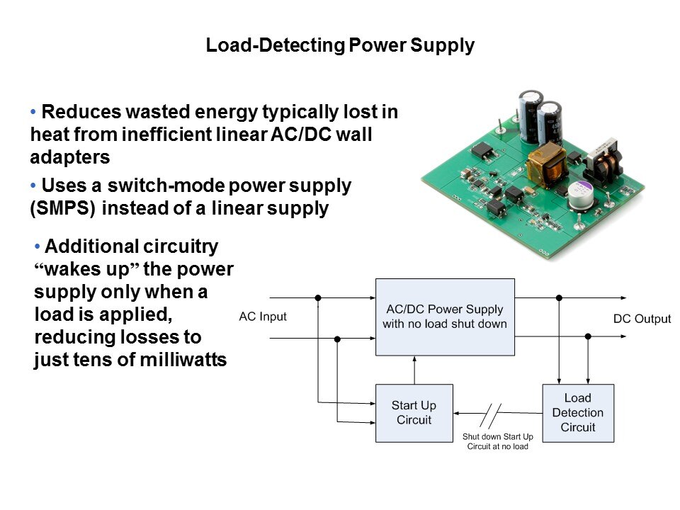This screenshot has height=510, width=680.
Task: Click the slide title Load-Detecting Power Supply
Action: (x=339, y=46)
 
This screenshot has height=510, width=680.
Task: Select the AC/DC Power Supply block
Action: (x=444, y=317)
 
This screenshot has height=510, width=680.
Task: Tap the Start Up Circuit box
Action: (x=414, y=413)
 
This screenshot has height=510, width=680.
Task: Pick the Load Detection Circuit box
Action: (x=577, y=413)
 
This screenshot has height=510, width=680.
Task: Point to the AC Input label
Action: (x=263, y=317)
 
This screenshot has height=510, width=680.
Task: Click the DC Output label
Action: (x=642, y=319)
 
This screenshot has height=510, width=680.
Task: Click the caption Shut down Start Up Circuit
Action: (x=497, y=442)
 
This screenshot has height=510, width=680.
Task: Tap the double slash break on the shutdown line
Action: (x=492, y=414)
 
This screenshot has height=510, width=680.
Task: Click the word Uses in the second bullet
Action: (x=62, y=186)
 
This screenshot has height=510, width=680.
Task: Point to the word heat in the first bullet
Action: (x=48, y=134)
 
